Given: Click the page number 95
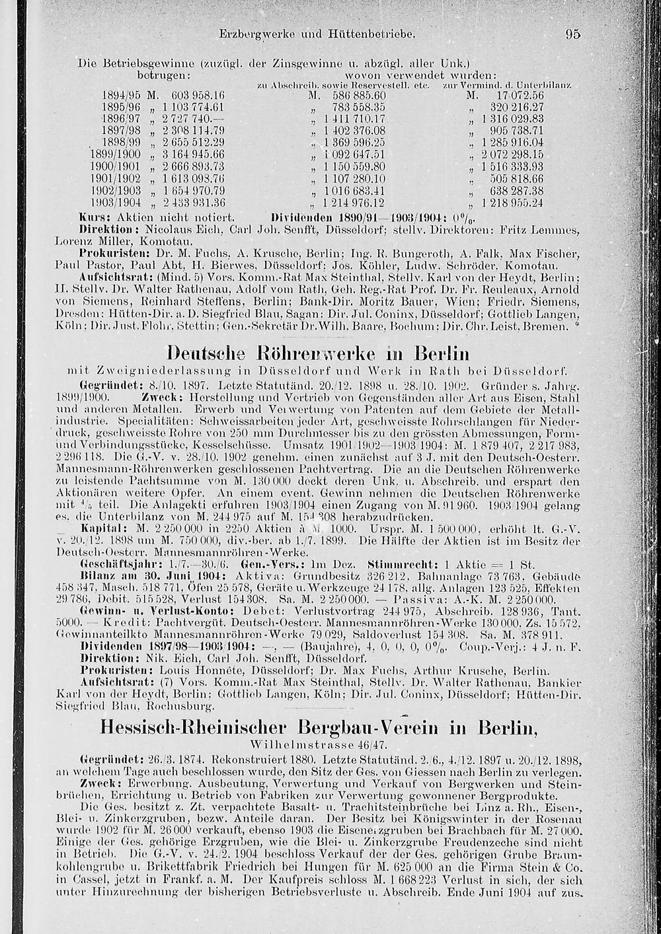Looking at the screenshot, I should (x=572, y=34).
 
